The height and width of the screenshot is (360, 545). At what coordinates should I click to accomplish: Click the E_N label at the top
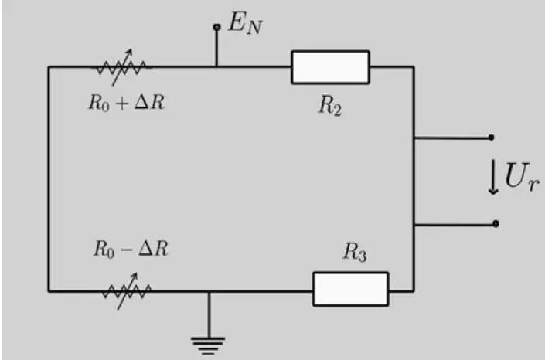[245, 23]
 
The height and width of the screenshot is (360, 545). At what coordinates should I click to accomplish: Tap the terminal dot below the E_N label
[216, 27]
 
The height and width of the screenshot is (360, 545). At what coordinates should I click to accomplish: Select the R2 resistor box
[330, 67]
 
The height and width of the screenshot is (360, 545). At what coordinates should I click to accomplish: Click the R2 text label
[330, 105]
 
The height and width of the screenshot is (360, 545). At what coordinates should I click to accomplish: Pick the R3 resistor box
[351, 289]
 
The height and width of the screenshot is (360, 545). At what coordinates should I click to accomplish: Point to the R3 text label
[355, 252]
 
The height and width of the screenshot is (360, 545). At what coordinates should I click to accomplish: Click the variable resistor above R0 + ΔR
[121, 67]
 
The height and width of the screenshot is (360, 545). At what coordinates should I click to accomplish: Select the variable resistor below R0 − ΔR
[127, 291]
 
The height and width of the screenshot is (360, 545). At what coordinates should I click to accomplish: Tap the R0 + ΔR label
[127, 103]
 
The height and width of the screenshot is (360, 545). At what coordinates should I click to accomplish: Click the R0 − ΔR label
[131, 250]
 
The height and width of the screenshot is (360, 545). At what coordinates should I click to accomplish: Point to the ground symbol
[208, 346]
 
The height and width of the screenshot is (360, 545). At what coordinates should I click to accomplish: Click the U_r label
[522, 177]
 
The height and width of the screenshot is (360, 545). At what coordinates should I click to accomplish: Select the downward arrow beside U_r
[493, 177]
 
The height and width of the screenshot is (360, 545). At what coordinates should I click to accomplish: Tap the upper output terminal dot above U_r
[491, 138]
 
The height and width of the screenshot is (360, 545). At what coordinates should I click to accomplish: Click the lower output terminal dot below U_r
[496, 224]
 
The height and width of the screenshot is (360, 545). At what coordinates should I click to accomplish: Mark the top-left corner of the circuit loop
[49, 66]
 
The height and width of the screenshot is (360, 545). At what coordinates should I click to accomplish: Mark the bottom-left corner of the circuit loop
[49, 291]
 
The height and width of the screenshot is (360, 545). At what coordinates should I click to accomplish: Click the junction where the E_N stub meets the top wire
[216, 66]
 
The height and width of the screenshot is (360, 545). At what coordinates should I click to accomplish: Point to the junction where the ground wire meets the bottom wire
[209, 291]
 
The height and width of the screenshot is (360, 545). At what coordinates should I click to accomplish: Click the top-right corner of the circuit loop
[414, 66]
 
